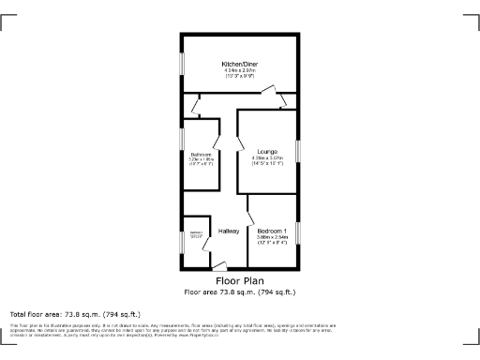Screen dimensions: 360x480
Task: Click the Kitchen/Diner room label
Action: tap(240, 63)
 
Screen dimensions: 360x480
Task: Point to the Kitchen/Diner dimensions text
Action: tap(240, 73)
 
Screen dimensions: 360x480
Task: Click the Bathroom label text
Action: tap(202, 155)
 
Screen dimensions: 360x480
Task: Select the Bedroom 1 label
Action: tap(273, 231)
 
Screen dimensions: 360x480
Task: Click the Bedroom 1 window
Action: tap(298, 235)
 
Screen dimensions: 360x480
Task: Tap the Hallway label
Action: tap(229, 231)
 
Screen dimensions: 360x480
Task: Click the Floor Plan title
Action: tap(240, 280)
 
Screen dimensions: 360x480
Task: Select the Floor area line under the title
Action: tap(240, 291)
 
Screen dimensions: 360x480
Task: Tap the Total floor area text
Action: tap(74, 314)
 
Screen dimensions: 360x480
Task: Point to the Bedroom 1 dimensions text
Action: tap(273, 240)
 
